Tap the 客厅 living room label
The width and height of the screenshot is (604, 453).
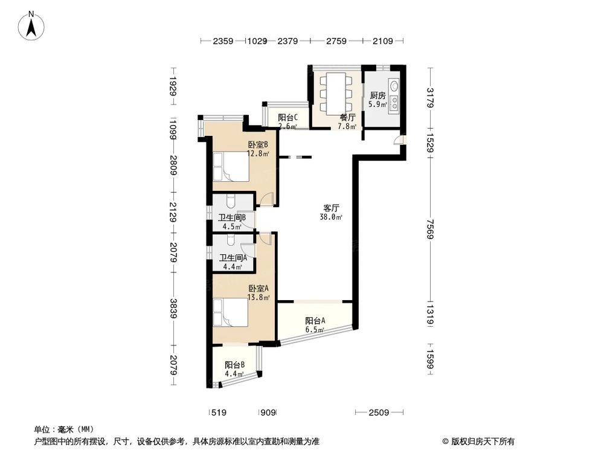331,207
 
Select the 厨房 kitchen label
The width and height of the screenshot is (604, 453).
378,95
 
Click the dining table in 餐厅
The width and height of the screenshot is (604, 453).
335,91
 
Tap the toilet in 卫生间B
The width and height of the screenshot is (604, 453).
230,201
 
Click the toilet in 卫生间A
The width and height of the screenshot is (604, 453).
231,241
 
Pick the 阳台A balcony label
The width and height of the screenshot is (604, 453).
315,321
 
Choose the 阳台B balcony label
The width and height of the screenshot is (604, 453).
234,365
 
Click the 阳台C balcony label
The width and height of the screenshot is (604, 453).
288,118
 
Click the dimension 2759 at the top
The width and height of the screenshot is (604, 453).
336,41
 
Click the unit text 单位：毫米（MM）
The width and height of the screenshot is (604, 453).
59,429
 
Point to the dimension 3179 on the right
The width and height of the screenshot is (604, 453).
429,98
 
